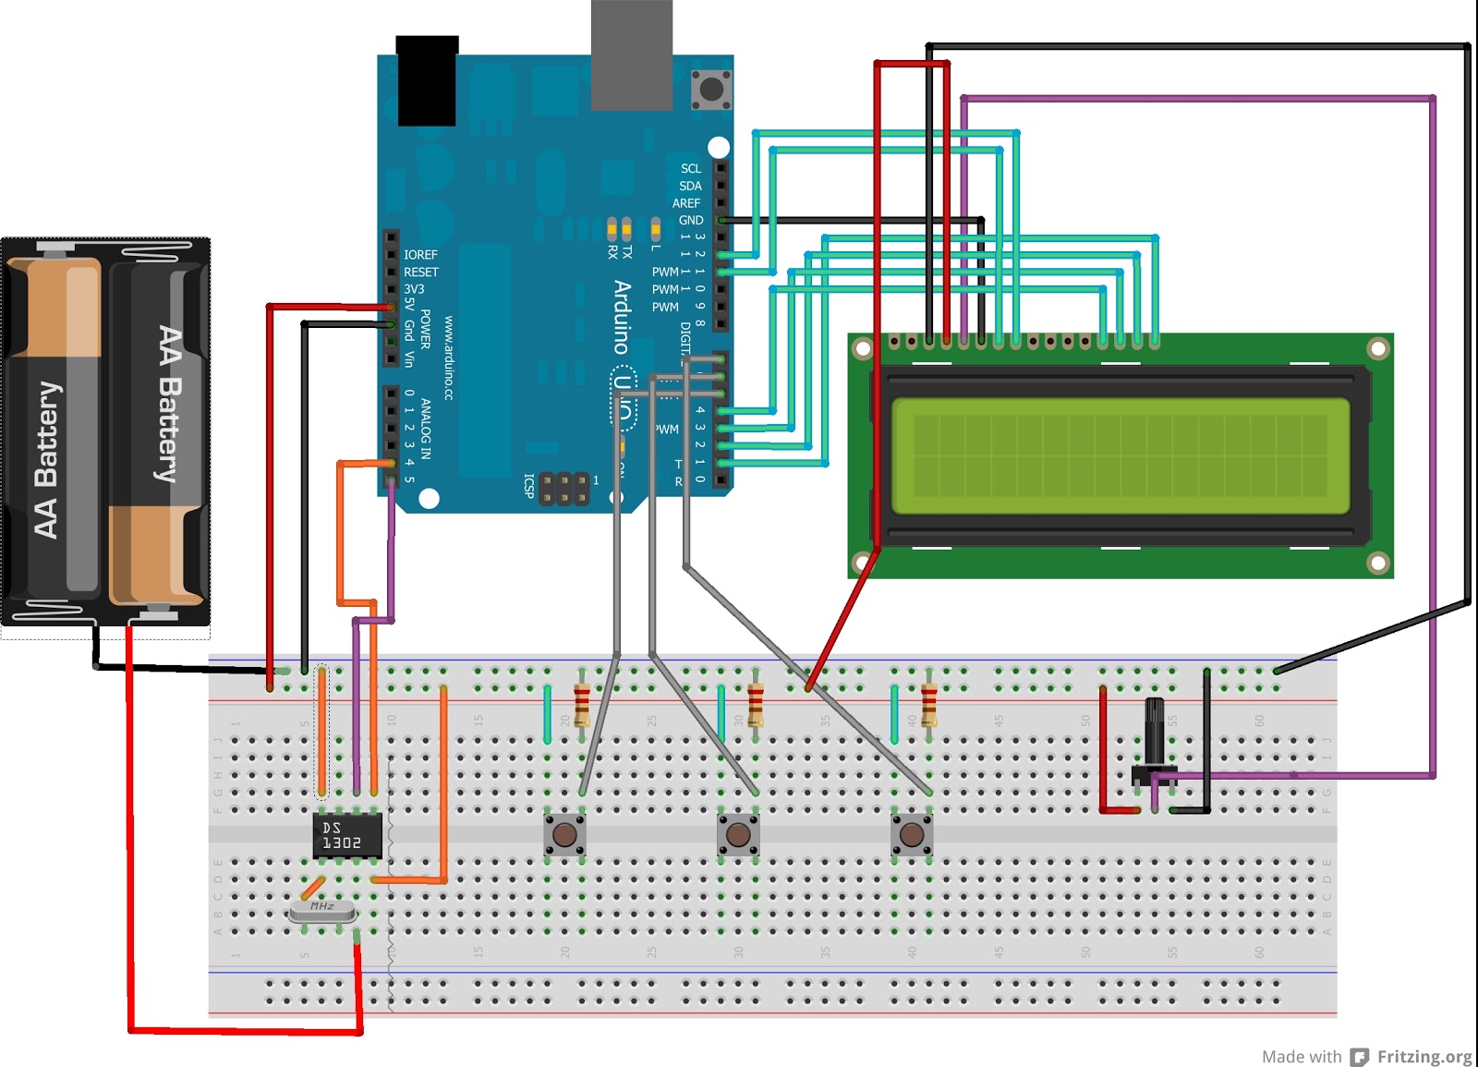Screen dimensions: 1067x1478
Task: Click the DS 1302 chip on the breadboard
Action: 347,835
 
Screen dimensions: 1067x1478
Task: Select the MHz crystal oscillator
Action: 321,911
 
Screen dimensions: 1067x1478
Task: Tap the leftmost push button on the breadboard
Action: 564,835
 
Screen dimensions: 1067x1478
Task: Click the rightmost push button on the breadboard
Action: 912,835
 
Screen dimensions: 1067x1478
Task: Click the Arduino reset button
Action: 711,89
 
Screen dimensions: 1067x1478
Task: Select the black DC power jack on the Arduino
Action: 427,81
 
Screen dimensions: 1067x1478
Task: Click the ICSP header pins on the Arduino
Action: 563,488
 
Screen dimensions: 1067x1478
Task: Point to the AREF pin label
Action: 685,203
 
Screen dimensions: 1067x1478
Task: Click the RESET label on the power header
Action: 420,273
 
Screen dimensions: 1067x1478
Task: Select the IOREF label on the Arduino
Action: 420,255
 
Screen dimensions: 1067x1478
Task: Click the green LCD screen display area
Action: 1121,455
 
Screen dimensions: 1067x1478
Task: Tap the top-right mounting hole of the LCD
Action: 1377,348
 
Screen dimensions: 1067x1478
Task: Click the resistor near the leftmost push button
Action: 582,706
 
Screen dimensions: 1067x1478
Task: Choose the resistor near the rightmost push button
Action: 929,706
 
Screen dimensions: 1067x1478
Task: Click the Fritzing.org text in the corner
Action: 1423,1056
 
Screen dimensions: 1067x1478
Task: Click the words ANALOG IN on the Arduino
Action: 426,429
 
